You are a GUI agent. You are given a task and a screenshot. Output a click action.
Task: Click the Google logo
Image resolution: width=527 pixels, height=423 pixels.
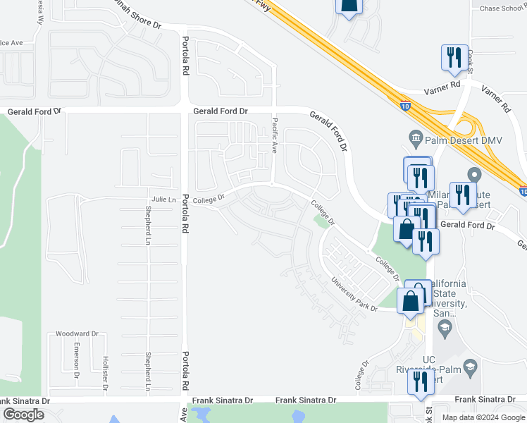tap(23, 415)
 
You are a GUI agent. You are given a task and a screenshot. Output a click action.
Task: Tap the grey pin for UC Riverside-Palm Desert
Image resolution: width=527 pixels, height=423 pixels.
tap(471, 367)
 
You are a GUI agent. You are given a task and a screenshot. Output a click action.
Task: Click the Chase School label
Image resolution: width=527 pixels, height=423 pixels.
tap(498, 8)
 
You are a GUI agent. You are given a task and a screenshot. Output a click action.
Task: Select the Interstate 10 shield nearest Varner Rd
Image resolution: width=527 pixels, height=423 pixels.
tap(404, 106)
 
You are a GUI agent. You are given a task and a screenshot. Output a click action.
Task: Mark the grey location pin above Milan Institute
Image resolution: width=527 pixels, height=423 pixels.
tap(473, 173)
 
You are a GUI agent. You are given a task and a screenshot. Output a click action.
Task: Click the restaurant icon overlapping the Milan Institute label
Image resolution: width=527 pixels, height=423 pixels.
tap(462, 195)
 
